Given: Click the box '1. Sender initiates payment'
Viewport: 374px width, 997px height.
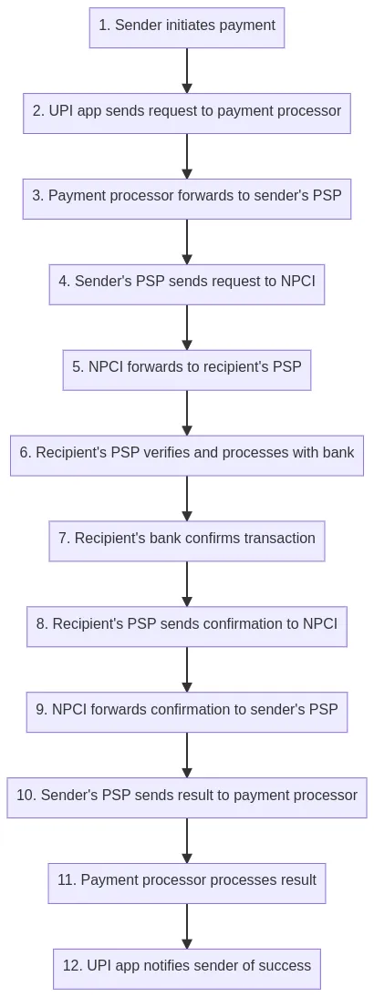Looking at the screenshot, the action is [187, 27].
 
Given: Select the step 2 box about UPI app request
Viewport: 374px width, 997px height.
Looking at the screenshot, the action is [187, 113].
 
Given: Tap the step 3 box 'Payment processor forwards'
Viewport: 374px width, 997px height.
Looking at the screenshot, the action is [187, 199].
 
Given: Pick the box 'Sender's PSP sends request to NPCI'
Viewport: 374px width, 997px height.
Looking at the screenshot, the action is [187, 284].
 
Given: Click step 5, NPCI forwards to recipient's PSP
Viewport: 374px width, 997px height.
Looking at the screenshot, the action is [187, 370].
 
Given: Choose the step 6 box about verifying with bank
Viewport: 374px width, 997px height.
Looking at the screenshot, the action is [187, 456].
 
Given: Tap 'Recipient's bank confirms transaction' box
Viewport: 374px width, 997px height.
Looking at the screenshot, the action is [187, 541].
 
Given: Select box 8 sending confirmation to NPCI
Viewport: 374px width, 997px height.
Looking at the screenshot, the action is [187, 626].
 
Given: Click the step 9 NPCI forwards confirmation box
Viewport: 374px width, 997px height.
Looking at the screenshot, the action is [187, 712].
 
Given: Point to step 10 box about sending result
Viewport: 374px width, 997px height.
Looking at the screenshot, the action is [187, 797].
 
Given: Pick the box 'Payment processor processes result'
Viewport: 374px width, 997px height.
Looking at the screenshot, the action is [187, 883].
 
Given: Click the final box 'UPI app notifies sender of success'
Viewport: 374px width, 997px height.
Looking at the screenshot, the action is [187, 969].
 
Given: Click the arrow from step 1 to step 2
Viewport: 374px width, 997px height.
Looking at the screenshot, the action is [187, 70].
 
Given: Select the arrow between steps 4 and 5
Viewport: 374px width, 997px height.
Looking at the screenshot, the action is [187, 327].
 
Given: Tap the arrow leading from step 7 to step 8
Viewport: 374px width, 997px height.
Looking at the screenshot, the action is [187, 583].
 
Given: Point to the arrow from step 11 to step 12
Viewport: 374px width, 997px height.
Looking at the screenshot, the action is [187, 926].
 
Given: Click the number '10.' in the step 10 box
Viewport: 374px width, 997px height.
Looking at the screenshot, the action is [26, 795].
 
